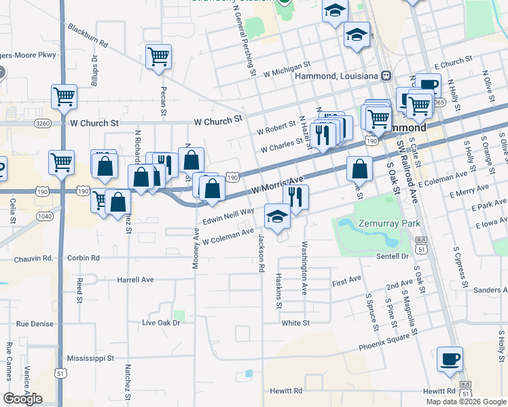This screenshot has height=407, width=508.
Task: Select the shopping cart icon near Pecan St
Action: point(158,58)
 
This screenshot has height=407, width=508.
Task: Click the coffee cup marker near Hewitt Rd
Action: point(450,359)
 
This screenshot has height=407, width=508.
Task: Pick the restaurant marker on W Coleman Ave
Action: point(295,197)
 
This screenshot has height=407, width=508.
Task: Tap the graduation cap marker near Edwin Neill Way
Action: point(277,216)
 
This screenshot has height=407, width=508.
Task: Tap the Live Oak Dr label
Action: point(161,323)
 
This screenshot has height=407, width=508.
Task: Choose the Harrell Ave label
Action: point(135,279)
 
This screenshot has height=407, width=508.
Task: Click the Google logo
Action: point(22,398)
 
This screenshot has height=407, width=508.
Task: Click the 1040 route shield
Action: point(43,216)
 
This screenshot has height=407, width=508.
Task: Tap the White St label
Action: point(295,324)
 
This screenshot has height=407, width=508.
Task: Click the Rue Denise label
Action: point(35,324)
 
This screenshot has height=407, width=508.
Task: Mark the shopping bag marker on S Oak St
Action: point(359,169)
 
